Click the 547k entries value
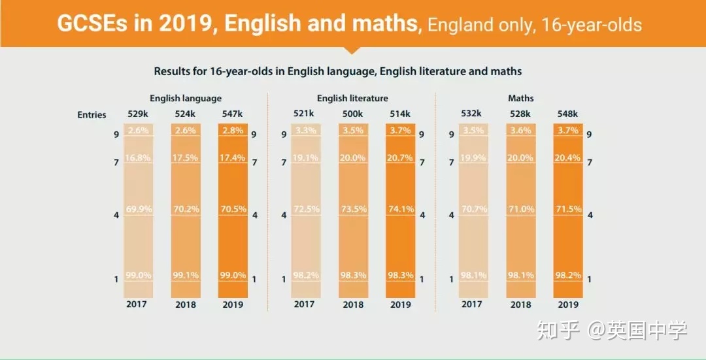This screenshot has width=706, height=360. (x=233, y=114)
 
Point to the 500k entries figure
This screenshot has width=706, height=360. (x=353, y=114)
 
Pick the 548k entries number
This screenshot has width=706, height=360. (x=567, y=114)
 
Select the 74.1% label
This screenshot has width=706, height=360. (x=400, y=210)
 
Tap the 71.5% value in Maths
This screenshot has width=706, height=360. (x=567, y=210)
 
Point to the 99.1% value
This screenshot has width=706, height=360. (x=186, y=276)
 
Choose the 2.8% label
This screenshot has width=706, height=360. (x=233, y=130)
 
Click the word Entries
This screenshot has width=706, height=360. (x=92, y=115)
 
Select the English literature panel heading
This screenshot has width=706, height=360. (x=352, y=99)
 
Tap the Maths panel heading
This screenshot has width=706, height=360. (x=520, y=99)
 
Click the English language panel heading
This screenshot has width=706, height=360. (x=186, y=99)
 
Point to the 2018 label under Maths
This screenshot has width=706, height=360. (x=520, y=304)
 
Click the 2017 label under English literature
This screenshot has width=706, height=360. (x=304, y=304)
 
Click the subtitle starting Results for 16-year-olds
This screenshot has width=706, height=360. (x=338, y=71)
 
